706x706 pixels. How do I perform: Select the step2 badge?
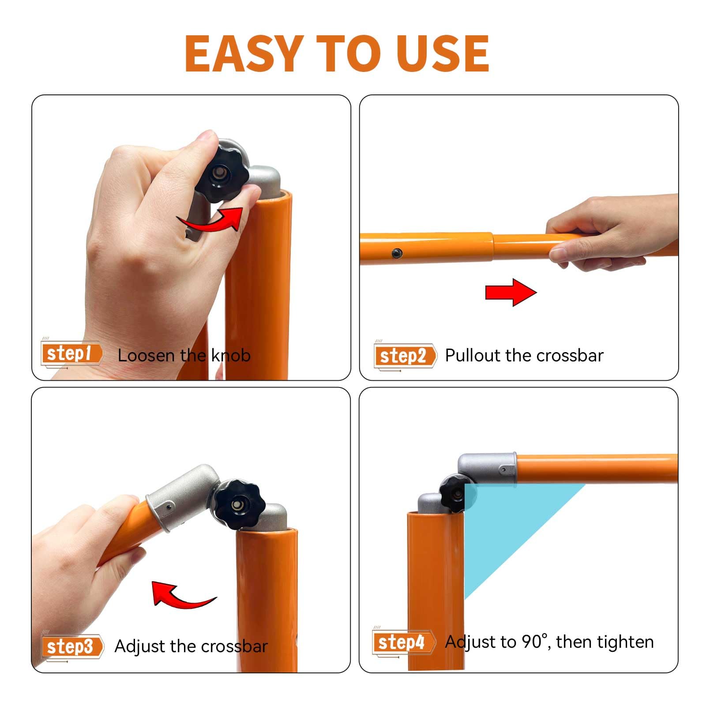coord(405,356)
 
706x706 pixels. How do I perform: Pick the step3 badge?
coord(72,647)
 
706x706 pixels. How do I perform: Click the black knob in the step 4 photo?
coord(454,493)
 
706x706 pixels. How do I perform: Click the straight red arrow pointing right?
coord(511,292)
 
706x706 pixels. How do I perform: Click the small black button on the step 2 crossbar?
coord(397,253)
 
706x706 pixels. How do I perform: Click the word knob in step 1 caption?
coord(231,355)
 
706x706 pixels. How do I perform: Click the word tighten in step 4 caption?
coord(626,642)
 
